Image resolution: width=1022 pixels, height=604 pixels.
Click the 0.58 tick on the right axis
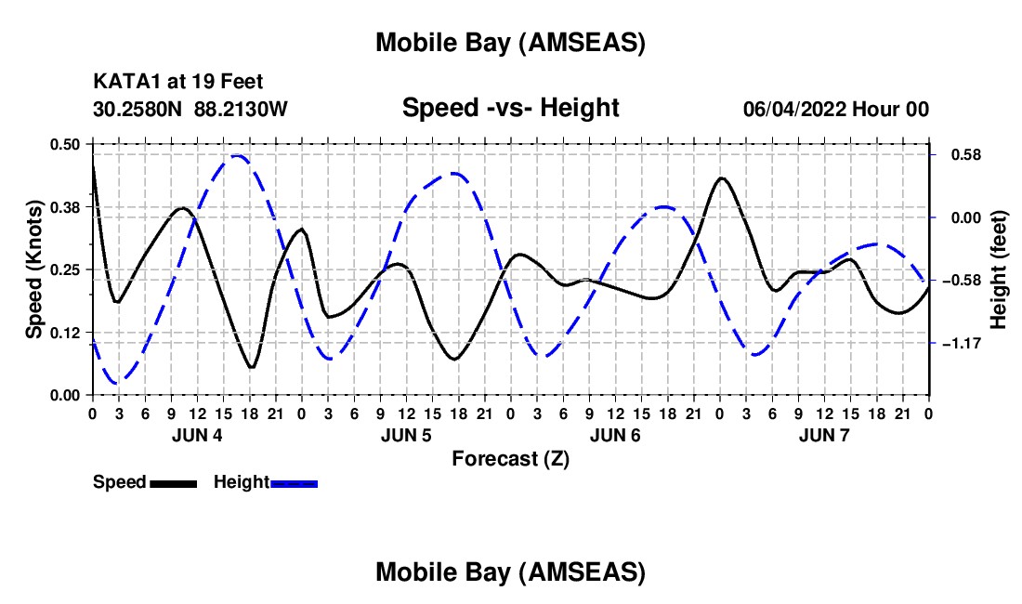[x=963, y=154]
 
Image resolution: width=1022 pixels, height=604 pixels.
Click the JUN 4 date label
[x=196, y=435]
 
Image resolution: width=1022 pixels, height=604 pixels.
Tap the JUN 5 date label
[x=405, y=435]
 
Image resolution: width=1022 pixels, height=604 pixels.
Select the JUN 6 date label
[x=615, y=435]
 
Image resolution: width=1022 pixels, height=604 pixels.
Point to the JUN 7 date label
[x=824, y=435]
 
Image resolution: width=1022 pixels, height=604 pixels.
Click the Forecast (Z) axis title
[x=510, y=458]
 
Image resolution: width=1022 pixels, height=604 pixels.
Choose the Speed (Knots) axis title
[x=34, y=269]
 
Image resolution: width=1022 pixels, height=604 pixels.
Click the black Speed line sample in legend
[x=173, y=483]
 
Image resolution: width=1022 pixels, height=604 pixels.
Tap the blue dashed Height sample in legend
[x=295, y=483]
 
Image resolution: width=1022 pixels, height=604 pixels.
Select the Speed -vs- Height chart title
[x=510, y=108]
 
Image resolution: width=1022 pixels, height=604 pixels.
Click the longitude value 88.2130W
[x=242, y=109]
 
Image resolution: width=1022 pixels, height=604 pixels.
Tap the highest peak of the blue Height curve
[x=237, y=156]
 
